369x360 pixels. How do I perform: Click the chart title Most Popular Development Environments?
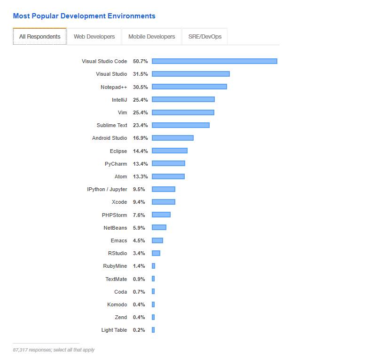coord(84,16)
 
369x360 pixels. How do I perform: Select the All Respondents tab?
coord(39,37)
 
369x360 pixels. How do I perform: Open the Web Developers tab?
coord(94,37)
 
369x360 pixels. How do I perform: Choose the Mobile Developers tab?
coord(151,37)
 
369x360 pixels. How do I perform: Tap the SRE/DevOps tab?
coord(204,37)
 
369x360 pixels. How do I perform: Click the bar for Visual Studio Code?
coord(214,61)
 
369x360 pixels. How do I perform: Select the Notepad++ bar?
coord(189,87)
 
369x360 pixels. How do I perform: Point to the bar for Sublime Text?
coord(181,125)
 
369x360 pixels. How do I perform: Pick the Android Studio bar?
coord(173,138)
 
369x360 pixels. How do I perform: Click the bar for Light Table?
coord(153,330)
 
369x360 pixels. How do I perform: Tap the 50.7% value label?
coord(140,61)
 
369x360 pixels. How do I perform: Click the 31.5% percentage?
coord(140,74)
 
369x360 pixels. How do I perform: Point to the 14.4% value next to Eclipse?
coord(140,151)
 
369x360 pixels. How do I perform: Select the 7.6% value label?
coord(139,215)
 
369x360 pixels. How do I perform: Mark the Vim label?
coord(122,112)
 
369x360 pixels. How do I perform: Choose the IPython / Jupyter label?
coord(107,189)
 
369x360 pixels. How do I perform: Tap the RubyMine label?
coord(115,266)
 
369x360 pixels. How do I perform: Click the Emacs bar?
coord(157,240)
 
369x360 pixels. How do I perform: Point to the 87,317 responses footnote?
coord(54,350)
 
